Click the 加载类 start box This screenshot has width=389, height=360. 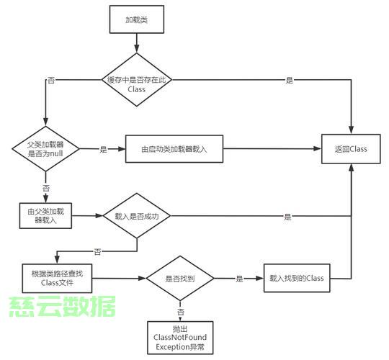137,19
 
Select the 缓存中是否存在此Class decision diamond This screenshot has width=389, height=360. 137,80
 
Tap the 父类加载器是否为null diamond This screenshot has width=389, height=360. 45,149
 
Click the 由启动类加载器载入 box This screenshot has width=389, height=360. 174,149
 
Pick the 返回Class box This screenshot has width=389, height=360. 351,149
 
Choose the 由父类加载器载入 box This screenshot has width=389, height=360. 45,216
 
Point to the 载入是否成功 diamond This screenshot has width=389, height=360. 137,216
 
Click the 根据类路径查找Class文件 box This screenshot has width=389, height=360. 57,278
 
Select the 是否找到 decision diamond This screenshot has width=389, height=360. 180,279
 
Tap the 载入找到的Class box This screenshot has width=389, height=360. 297,278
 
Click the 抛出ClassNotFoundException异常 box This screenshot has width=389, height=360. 180,338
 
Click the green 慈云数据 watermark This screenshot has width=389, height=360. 62,306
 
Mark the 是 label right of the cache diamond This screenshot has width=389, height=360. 290,80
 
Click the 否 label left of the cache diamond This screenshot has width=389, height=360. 51,80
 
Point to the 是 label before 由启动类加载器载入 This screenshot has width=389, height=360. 104,149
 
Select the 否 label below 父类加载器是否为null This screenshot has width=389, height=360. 46,188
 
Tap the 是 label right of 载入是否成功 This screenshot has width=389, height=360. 287,217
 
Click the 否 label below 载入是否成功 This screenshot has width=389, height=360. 97,252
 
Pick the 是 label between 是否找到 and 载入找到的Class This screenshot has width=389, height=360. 239,279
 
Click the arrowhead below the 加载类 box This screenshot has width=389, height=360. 137,49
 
